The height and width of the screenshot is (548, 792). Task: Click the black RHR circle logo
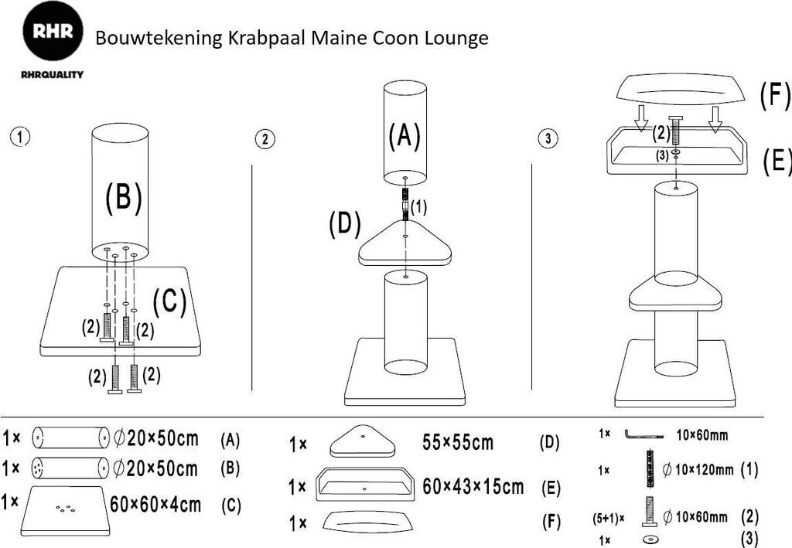tap(53, 33)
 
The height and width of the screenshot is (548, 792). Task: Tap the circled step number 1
tap(20, 137)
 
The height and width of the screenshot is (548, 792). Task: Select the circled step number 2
tap(265, 139)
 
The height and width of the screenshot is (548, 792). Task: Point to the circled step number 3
tap(548, 139)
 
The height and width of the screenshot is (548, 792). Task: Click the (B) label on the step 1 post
tap(124, 198)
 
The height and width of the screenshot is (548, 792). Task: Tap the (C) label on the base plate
tap(169, 302)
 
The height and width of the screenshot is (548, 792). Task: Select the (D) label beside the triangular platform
tap(345, 224)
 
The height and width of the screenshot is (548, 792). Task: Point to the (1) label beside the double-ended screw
tap(418, 207)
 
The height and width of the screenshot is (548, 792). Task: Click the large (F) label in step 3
tap(774, 97)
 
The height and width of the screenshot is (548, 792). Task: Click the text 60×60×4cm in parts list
tap(155, 505)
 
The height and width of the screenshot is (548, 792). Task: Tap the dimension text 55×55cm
tap(458, 443)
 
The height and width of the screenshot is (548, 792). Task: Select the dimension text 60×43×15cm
tap(473, 487)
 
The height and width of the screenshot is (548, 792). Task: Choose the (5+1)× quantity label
tap(609, 516)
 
